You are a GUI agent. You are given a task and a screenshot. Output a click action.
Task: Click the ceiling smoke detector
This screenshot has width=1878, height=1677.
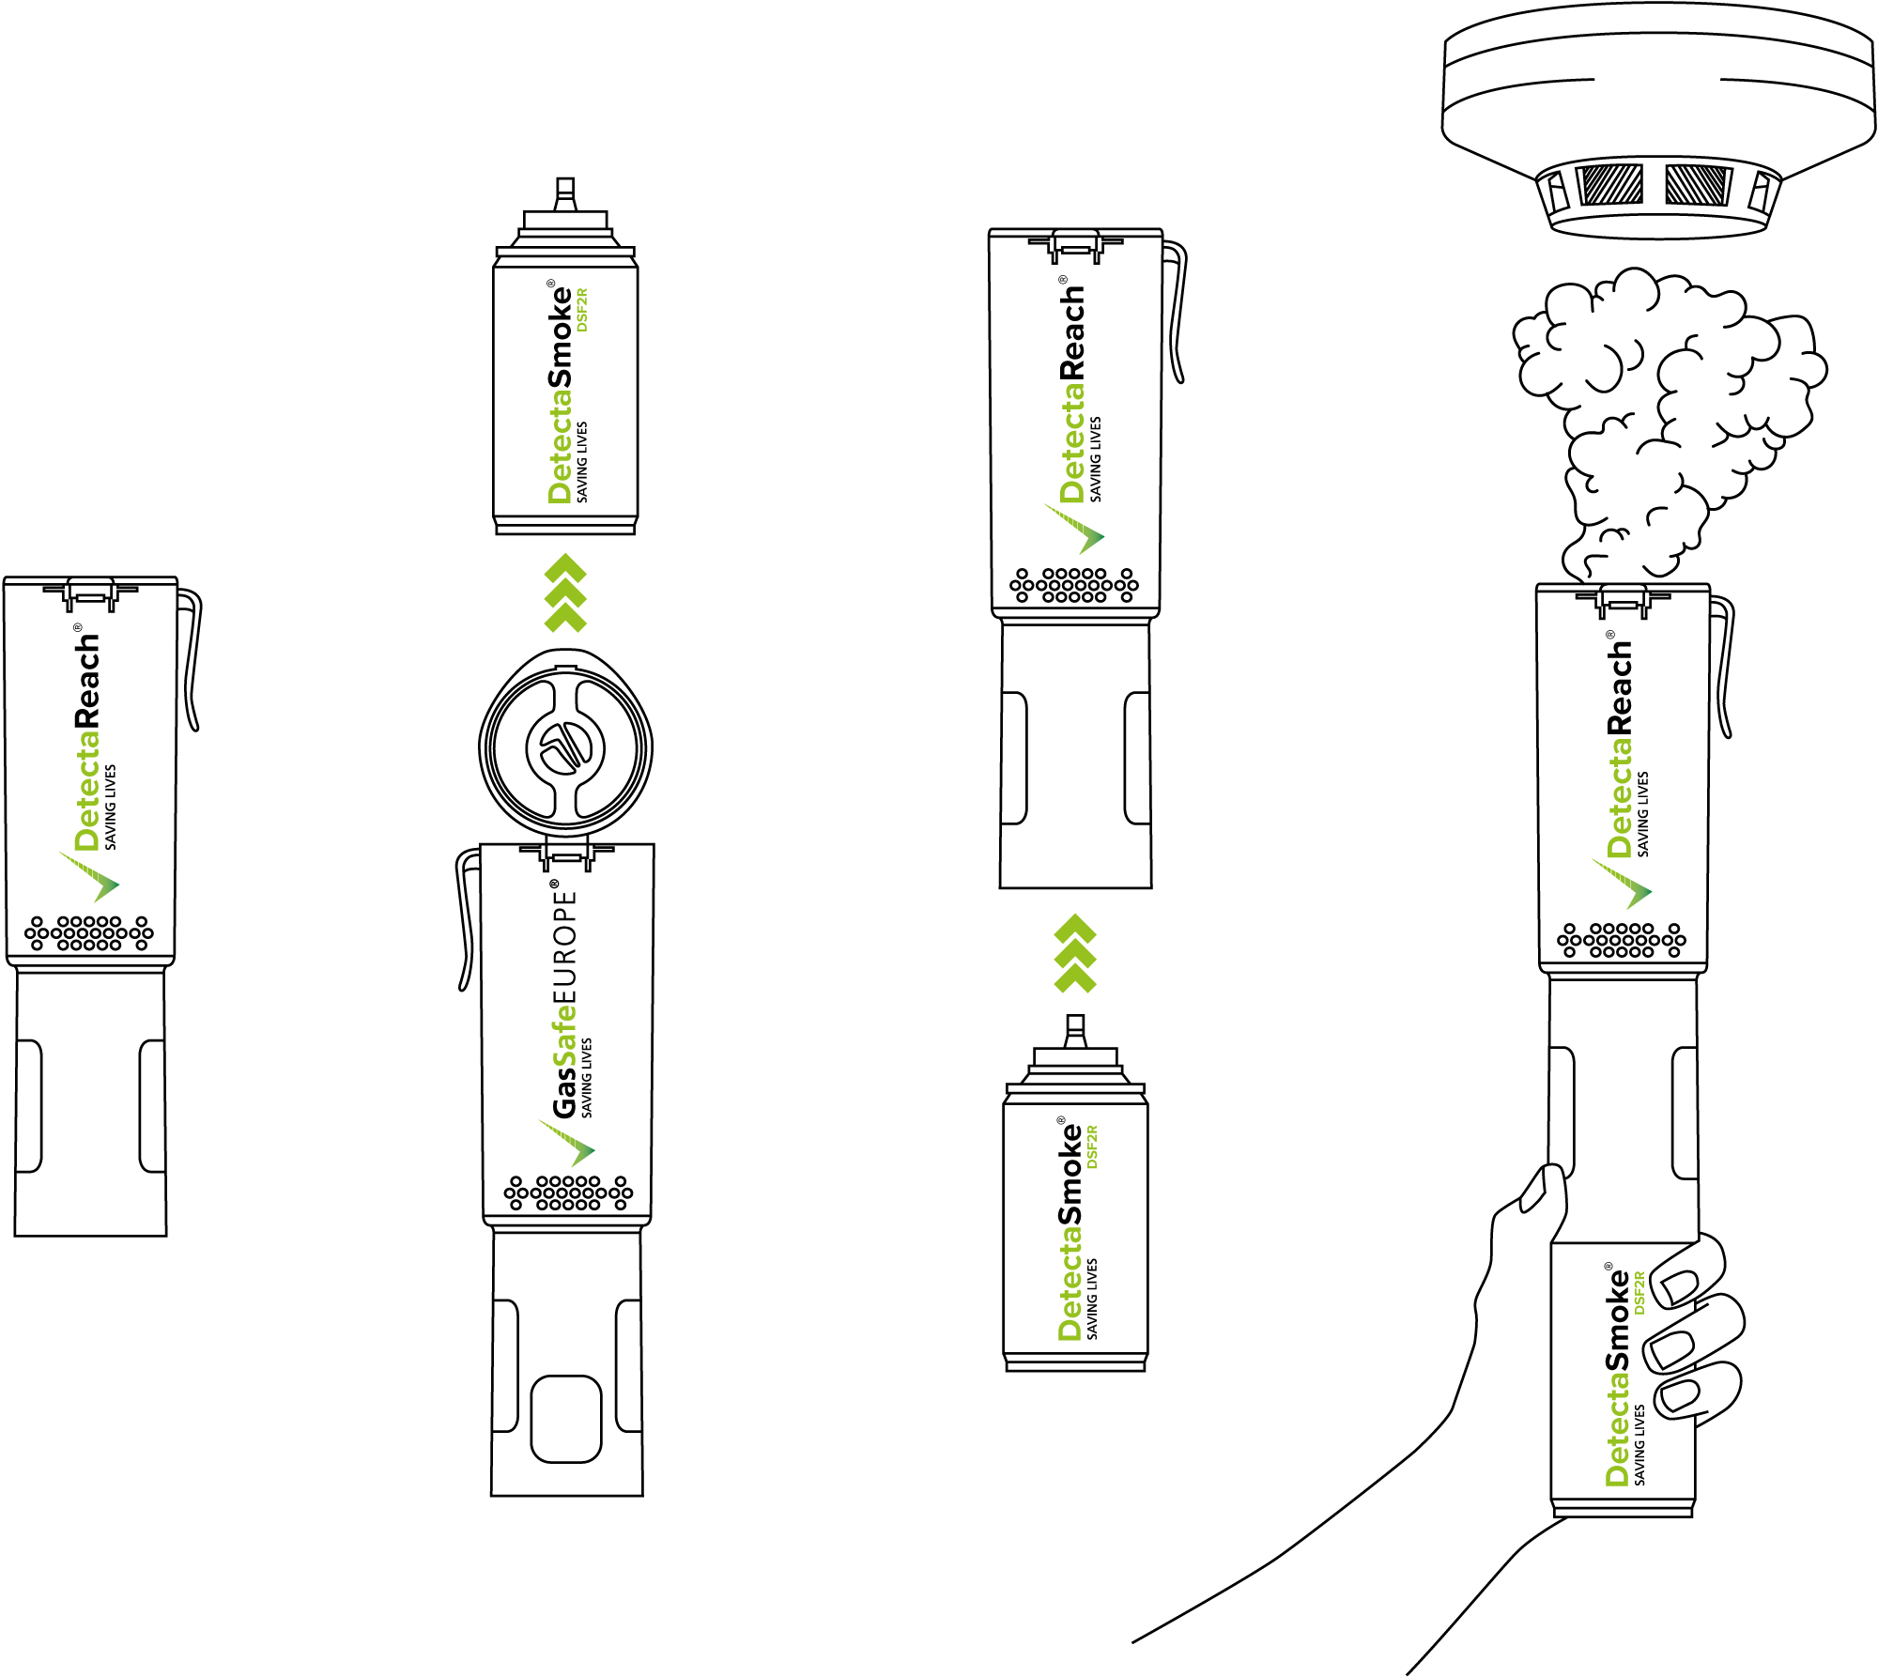point(1658,122)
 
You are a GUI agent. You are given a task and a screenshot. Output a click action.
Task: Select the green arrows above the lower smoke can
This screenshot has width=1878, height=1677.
point(1075,953)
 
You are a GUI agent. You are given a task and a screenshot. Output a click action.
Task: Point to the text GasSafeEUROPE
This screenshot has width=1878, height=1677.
point(563,1000)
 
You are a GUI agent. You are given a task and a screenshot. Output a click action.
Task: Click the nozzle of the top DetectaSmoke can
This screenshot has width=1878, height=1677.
point(565,193)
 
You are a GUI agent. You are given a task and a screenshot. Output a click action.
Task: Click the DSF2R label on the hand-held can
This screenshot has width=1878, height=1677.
point(1639,1292)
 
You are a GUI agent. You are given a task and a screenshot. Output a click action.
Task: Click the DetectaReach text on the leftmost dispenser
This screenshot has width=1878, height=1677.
point(87,742)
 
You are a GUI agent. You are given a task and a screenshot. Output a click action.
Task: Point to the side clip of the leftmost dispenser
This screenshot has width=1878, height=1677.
point(192,657)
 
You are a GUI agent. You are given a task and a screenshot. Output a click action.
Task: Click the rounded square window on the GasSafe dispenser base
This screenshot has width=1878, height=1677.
point(566,1419)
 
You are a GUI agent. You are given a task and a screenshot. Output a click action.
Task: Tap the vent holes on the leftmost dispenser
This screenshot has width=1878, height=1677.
point(89,933)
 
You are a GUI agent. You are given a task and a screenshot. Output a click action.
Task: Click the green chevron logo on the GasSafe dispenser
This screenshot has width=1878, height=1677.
point(568,1142)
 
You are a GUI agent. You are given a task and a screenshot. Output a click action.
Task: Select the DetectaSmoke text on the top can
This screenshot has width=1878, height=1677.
point(560,394)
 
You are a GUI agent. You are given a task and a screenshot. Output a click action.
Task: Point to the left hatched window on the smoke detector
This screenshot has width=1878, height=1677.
point(1611,184)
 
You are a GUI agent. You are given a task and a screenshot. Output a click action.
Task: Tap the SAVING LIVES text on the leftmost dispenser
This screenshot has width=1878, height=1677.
point(111,807)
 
